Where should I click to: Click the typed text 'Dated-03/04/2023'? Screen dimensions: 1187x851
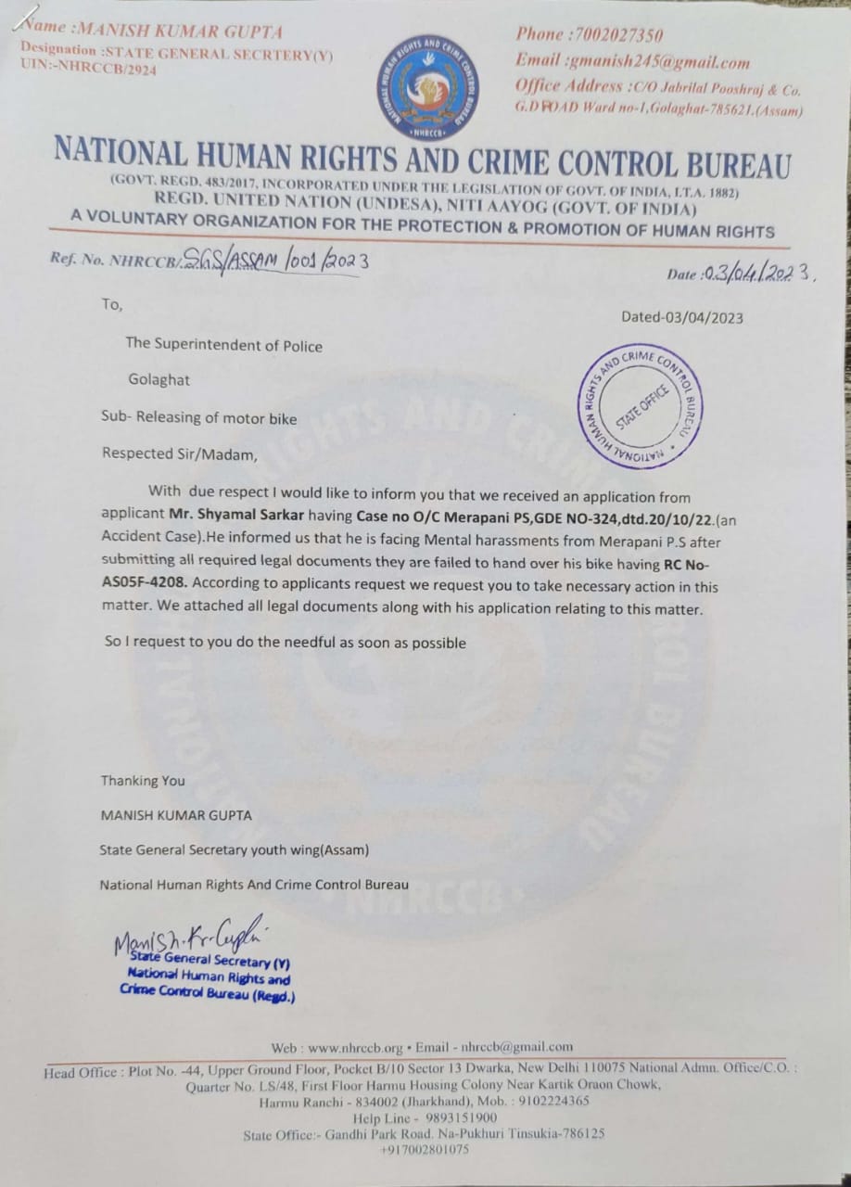681,317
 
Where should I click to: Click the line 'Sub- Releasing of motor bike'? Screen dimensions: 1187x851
198,418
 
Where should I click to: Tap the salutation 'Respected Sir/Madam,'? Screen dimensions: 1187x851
173,454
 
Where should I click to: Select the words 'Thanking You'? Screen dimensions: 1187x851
143,781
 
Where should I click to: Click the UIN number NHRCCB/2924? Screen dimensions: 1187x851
107,70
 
